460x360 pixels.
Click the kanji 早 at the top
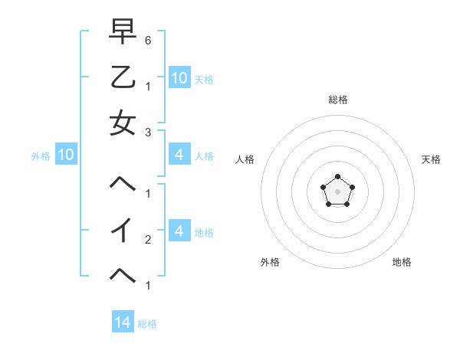[123, 32]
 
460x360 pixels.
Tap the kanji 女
[123, 123]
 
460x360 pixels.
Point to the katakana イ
[123, 231]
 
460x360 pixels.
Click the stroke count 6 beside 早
[148, 40]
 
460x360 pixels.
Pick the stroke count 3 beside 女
[148, 132]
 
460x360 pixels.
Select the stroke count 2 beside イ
[148, 239]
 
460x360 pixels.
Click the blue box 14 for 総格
[123, 323]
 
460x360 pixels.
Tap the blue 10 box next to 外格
[66, 155]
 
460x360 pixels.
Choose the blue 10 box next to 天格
[179, 78]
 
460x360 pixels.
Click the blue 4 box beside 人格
[179, 155]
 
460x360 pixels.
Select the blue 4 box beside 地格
[179, 232]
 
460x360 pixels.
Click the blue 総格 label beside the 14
[147, 324]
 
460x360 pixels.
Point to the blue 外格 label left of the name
[41, 156]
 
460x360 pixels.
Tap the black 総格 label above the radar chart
[337, 100]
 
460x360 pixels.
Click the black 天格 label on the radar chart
[431, 159]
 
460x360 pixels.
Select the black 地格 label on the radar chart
[402, 262]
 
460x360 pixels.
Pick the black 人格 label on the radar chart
[245, 159]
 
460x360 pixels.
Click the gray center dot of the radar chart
[337, 191]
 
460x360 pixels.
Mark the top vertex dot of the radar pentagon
[337, 178]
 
